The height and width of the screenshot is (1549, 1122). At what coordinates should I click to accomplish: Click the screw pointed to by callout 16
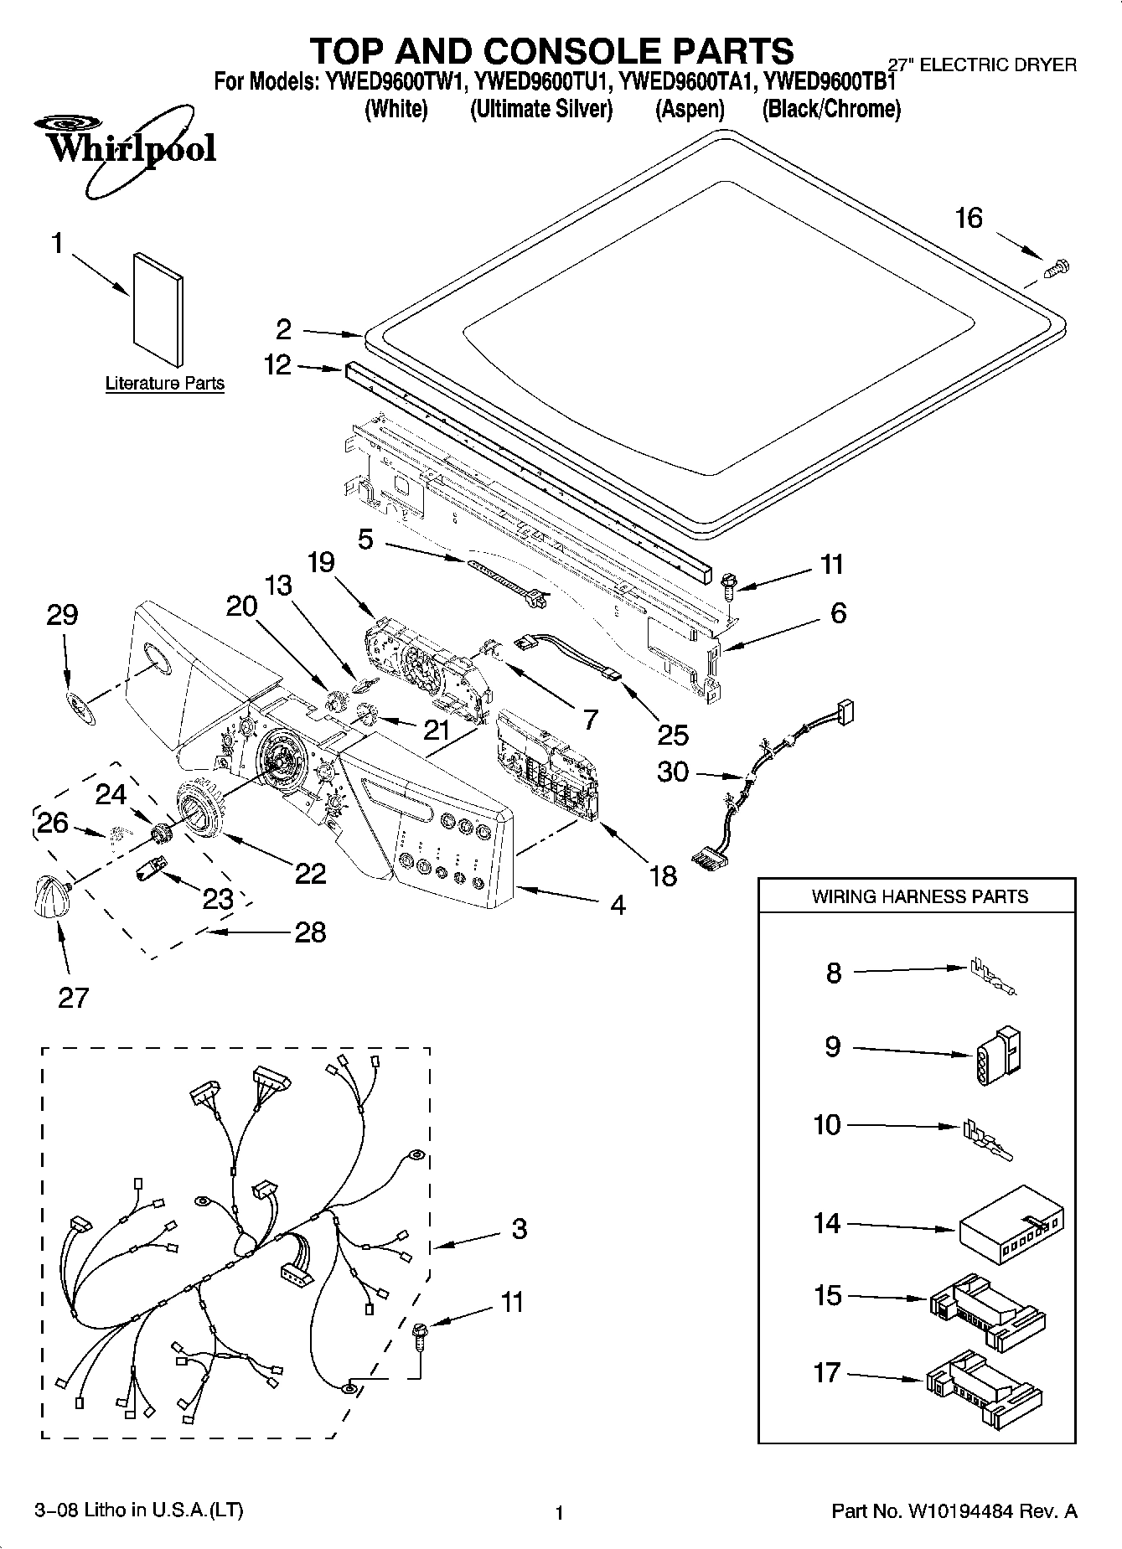pyautogui.click(x=1058, y=269)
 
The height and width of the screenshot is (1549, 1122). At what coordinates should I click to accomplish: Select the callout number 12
pyautogui.click(x=277, y=365)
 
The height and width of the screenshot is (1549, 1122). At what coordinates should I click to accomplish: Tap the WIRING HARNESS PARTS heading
pyautogui.click(x=919, y=896)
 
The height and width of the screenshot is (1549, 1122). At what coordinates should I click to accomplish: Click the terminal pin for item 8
pyautogui.click(x=993, y=977)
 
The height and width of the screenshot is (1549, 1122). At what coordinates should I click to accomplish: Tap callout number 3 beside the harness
pyautogui.click(x=519, y=1229)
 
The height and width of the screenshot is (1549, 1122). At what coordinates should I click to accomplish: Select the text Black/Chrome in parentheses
pyautogui.click(x=831, y=110)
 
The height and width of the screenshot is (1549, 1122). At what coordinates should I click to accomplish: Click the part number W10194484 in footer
pyautogui.click(x=958, y=1511)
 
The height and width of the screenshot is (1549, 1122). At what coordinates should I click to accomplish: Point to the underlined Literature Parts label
pyautogui.click(x=165, y=384)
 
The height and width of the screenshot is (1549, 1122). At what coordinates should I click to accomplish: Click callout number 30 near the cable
pyautogui.click(x=672, y=772)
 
